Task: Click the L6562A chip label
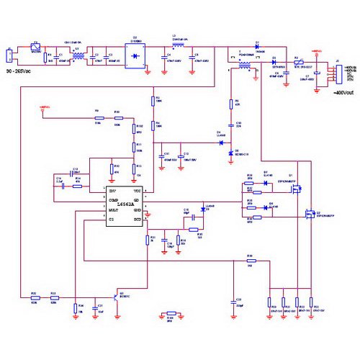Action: coord(127,204)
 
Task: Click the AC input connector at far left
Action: coord(9,55)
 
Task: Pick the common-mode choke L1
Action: coord(73,53)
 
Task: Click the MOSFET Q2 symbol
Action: coord(309,213)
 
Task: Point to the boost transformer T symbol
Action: coord(246,66)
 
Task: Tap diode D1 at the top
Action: coord(257,48)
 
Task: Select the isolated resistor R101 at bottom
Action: coord(171,315)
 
